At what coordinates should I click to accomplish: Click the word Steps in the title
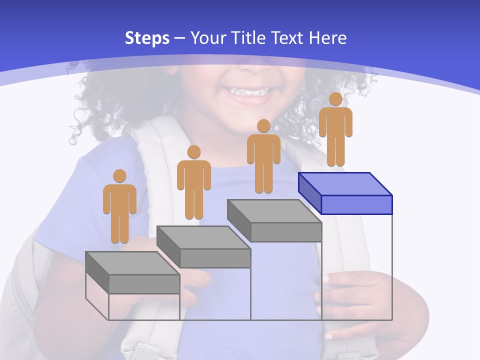click(x=147, y=38)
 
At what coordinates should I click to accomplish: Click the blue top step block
click(x=345, y=192)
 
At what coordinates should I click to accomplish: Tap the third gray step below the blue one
click(x=274, y=220)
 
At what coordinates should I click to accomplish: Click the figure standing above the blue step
click(x=335, y=131)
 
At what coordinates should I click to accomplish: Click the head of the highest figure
click(x=335, y=99)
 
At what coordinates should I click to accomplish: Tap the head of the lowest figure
click(x=119, y=176)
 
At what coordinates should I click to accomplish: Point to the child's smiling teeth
click(x=248, y=92)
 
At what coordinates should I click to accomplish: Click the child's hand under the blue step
click(x=350, y=295)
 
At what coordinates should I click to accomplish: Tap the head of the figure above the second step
click(x=193, y=152)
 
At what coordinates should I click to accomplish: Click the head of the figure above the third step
click(x=263, y=125)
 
